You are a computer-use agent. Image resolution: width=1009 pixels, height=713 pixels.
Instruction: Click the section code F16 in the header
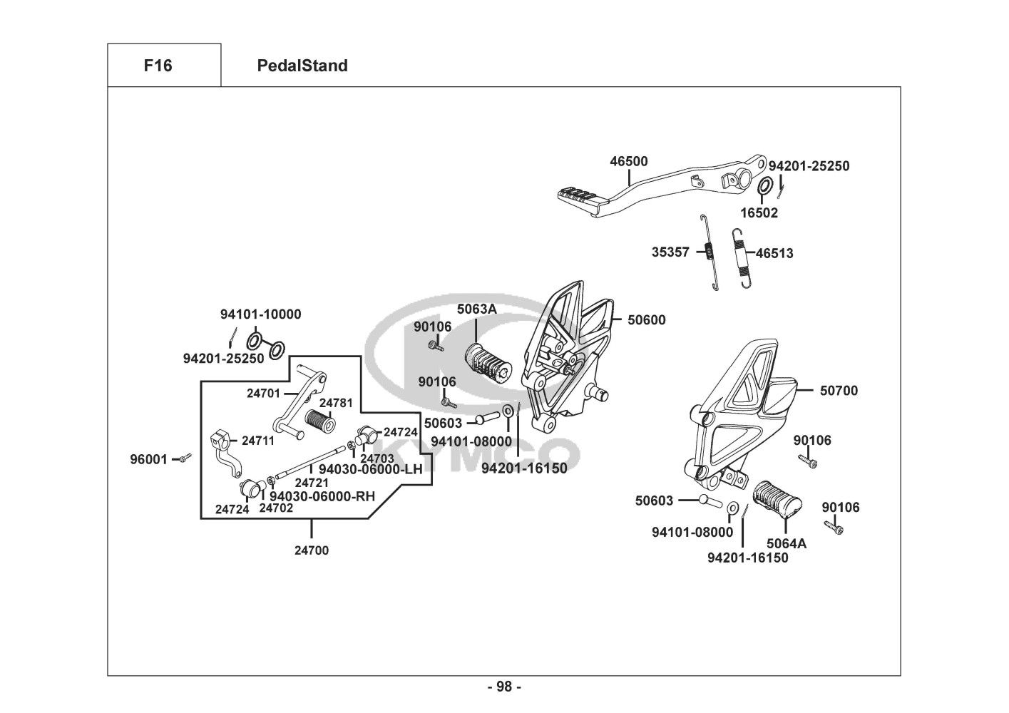[158, 66]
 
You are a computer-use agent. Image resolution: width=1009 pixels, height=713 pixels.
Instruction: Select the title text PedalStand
[302, 66]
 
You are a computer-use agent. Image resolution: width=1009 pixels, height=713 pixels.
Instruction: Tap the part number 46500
[629, 162]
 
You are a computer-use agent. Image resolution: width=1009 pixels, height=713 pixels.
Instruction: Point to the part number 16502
[759, 212]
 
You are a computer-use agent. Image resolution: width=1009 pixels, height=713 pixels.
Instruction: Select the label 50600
[646, 320]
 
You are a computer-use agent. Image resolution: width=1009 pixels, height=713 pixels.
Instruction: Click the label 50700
[839, 391]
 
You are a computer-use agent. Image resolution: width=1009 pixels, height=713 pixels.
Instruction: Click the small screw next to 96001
[184, 458]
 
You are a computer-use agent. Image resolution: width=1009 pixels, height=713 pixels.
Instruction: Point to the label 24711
[257, 441]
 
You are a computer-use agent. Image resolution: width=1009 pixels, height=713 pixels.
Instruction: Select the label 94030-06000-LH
[371, 468]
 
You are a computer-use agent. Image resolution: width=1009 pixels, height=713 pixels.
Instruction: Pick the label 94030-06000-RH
[322, 496]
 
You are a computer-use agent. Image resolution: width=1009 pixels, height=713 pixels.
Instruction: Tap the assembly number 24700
[312, 550]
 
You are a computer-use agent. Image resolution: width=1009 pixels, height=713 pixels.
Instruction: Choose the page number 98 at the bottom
[504, 687]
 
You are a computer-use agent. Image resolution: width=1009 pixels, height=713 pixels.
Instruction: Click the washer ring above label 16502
[763, 186]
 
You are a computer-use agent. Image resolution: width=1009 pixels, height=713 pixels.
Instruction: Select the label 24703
[377, 458]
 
